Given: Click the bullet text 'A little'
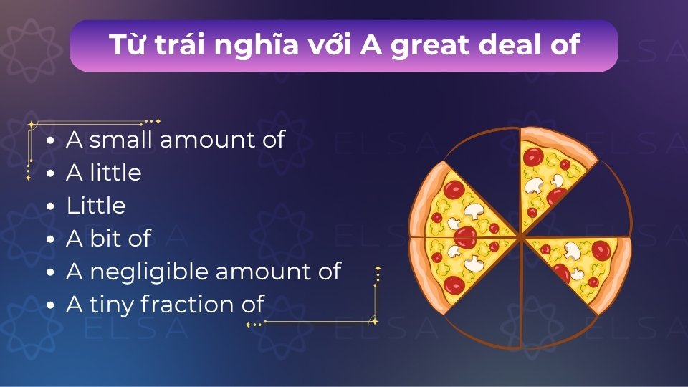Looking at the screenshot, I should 103,173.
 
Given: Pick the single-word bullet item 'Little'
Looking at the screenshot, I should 96,206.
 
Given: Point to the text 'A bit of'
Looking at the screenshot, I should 108,239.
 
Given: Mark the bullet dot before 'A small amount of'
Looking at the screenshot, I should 49,141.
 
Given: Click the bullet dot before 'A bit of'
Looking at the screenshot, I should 49,240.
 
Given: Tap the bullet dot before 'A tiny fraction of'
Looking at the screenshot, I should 49,306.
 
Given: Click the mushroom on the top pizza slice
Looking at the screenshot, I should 534,186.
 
